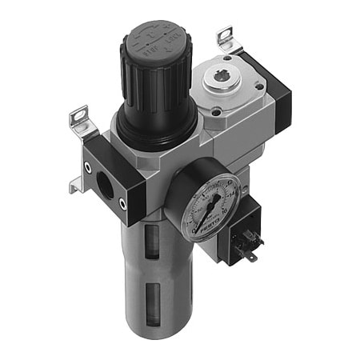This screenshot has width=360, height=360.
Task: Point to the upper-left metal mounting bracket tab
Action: [x=81, y=120]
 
